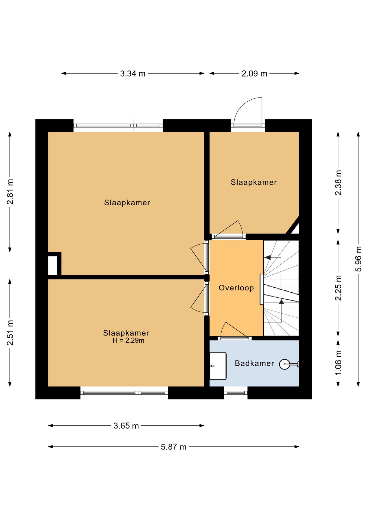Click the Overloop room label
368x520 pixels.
pyautogui.click(x=236, y=288)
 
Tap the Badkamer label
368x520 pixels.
pyautogui.click(x=254, y=363)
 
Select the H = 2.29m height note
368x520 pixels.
pyautogui.click(x=128, y=340)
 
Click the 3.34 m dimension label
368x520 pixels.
pyautogui.click(x=133, y=73)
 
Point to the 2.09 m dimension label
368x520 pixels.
pyautogui.click(x=254, y=73)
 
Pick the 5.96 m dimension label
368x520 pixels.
pyautogui.click(x=359, y=259)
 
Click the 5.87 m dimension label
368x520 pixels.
pyautogui.click(x=174, y=447)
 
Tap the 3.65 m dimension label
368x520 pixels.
pyautogui.click(x=126, y=426)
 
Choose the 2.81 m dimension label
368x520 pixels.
pyautogui.click(x=10, y=191)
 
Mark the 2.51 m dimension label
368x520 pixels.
pyautogui.click(x=10, y=333)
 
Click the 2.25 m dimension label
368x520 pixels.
pyautogui.click(x=338, y=288)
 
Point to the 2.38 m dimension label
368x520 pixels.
pyautogui.click(x=338, y=183)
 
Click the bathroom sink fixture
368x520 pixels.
pyautogui.click(x=218, y=366)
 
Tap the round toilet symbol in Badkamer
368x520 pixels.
pyautogui.click(x=285, y=364)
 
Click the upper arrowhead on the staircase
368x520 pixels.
pyautogui.click(x=268, y=257)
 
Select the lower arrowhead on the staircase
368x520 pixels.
pyautogui.click(x=282, y=301)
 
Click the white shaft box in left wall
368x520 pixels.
pyautogui.click(x=53, y=265)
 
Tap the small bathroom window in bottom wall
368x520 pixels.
pyautogui.click(x=236, y=393)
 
